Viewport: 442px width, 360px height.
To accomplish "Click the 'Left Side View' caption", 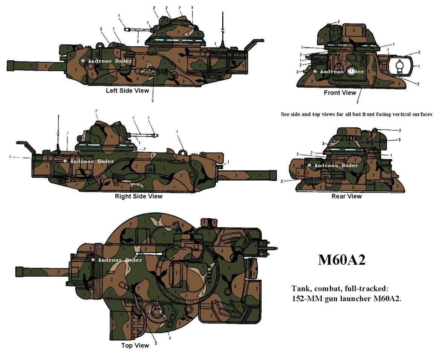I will (x=127, y=90).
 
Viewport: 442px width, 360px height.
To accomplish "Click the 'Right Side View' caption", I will (x=139, y=196).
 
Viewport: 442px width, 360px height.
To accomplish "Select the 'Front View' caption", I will (x=340, y=93).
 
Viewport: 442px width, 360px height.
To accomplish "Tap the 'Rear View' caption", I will (x=346, y=196).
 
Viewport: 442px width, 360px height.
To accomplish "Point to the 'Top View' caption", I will (x=135, y=345).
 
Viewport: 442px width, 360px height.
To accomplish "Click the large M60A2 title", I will (x=341, y=260).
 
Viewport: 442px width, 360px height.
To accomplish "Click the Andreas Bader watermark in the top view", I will (x=117, y=260).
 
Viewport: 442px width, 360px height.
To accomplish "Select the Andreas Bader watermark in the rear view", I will (x=333, y=165).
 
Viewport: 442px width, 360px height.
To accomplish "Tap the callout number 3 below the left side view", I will (x=153, y=100).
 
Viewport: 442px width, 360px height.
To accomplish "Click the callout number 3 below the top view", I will (x=170, y=338).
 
